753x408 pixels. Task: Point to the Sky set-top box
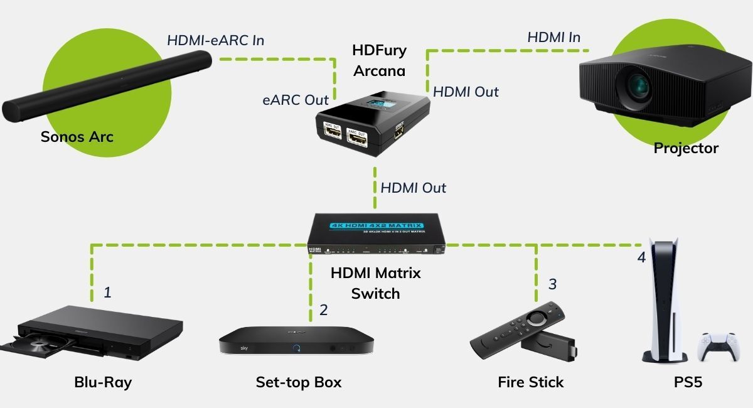[x=296, y=342]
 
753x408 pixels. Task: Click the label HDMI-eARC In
[x=215, y=40]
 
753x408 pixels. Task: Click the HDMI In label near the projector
[x=553, y=37]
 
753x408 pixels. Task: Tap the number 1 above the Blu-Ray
[x=107, y=292]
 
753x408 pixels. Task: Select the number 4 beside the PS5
[x=641, y=257]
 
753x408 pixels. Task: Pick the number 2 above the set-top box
[x=323, y=309]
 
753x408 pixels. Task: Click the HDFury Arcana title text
[x=379, y=60]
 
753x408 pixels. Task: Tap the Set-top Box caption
[x=298, y=382]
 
